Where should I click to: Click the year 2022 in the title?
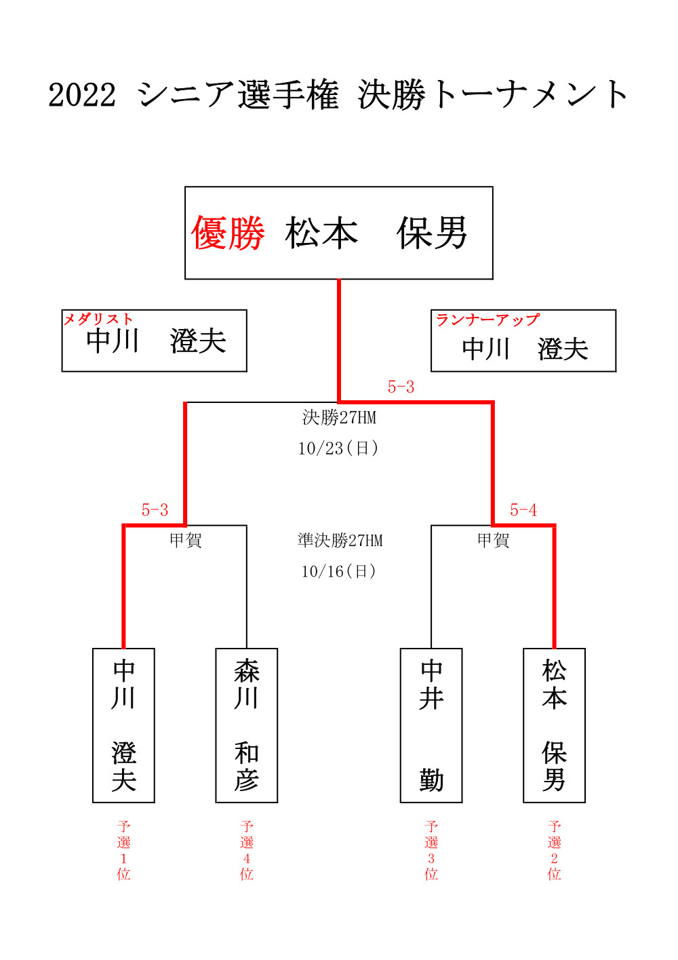coord(82,95)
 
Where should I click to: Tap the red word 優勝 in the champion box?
coord(227,233)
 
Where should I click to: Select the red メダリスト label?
coord(98,319)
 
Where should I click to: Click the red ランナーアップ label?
coord(487,320)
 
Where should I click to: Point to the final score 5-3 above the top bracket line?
coord(401,387)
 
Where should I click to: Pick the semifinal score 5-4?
coord(523,510)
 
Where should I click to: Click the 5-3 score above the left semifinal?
coord(155,510)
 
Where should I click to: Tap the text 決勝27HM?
coord(339,417)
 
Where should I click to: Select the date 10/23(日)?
coord(338,448)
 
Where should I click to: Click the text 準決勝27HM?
coord(340,541)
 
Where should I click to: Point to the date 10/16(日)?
coord(339,571)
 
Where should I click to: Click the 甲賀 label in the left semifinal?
coord(186,541)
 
